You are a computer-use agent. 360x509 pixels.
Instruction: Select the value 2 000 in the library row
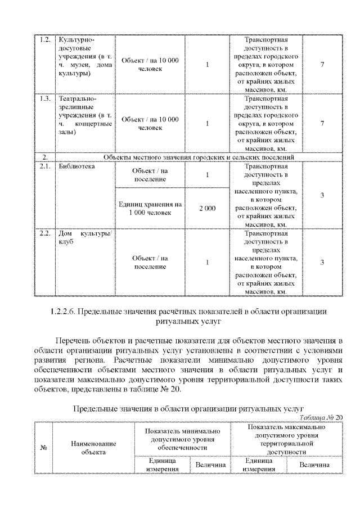click(207, 209)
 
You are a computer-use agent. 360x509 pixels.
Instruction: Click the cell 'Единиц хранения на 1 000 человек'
click(150, 209)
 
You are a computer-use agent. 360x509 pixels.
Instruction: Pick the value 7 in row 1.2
click(322, 65)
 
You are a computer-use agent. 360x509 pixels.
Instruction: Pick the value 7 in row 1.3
click(322, 123)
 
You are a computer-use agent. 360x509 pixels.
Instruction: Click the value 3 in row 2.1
click(322, 195)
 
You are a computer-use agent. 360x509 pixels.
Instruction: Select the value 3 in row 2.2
click(322, 262)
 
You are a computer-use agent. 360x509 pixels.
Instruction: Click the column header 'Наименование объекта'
click(93, 448)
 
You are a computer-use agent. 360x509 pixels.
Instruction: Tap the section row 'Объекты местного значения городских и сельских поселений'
click(199, 157)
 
